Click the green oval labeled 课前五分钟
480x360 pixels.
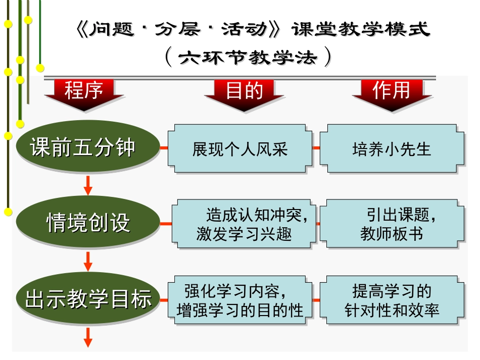[x=83, y=148]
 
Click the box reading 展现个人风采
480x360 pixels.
[x=240, y=148]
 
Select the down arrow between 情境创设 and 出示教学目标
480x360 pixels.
[x=88, y=261]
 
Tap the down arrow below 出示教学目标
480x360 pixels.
[x=88, y=337]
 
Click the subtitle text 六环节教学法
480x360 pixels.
[x=248, y=58]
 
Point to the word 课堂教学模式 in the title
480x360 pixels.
[x=361, y=29]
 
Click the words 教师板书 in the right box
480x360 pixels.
[x=392, y=234]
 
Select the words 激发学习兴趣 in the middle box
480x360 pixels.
[x=244, y=234]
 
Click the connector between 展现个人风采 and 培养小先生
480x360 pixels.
[x=316, y=148]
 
